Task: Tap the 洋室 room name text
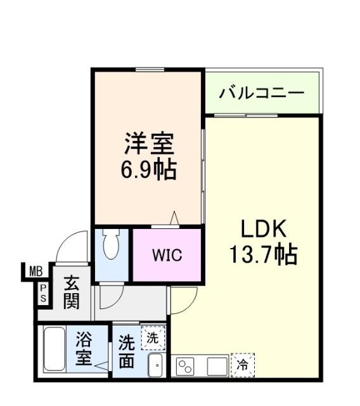pyautogui.click(x=148, y=144)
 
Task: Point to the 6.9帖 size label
pyautogui.click(x=148, y=169)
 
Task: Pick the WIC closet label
pyautogui.click(x=167, y=256)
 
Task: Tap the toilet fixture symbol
pyautogui.click(x=111, y=245)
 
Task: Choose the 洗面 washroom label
pyautogui.click(x=127, y=352)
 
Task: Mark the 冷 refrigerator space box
pyautogui.click(x=242, y=365)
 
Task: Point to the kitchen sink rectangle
pyautogui.click(x=217, y=366)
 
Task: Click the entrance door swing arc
pyautogui.click(x=71, y=247)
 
